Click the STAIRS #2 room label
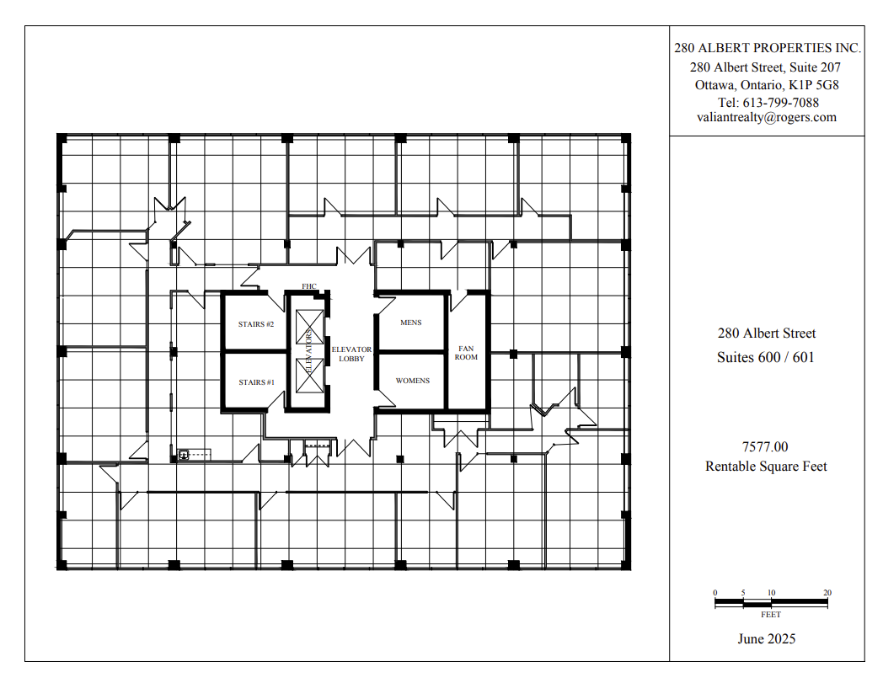click(256, 324)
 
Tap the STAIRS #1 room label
click(256, 382)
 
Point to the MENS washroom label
click(410, 323)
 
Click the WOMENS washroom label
click(412, 381)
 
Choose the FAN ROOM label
click(467, 352)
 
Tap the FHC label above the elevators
click(308, 286)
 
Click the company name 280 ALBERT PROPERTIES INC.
click(766, 49)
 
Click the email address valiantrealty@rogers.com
click(766, 118)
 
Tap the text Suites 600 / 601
click(766, 357)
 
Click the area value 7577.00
click(766, 447)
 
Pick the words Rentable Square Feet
click(766, 466)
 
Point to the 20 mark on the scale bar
click(827, 593)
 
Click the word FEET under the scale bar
click(770, 615)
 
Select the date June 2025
click(766, 638)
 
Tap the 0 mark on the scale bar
click(714, 593)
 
